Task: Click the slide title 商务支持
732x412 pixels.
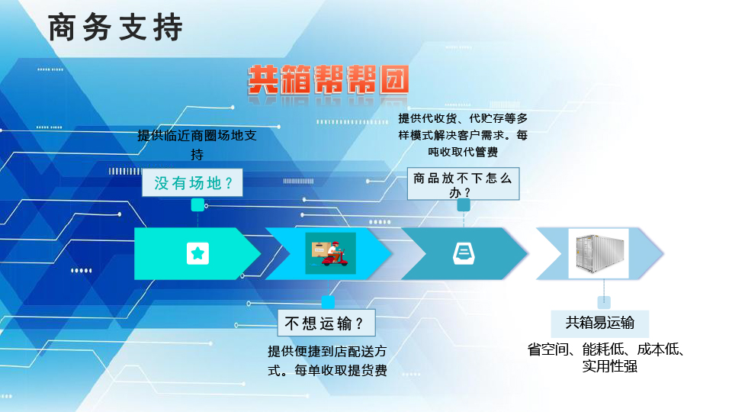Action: tap(115, 27)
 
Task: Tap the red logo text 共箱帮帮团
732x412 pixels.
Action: tap(328, 80)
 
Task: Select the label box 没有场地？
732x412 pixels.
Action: tap(192, 182)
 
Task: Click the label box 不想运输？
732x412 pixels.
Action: tap(326, 323)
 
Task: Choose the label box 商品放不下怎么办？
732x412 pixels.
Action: tap(463, 184)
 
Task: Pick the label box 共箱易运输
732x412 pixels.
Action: tap(600, 323)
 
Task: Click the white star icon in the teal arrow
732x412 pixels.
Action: tap(198, 253)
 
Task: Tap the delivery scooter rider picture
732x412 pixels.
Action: tap(330, 253)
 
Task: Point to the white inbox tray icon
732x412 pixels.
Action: tap(464, 254)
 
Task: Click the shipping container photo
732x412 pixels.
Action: tap(599, 253)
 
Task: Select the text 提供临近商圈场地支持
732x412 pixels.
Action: tap(197, 145)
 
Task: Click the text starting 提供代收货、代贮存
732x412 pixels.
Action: tap(463, 135)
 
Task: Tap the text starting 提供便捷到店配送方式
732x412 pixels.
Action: tap(327, 361)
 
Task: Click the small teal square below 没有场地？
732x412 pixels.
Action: tap(197, 204)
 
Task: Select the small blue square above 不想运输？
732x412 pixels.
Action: tap(328, 302)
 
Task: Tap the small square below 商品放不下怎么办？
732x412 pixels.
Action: tap(464, 204)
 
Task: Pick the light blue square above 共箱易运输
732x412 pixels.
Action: tap(604, 302)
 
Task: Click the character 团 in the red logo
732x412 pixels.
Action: tap(394, 80)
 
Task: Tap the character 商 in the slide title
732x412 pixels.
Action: tap(62, 27)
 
